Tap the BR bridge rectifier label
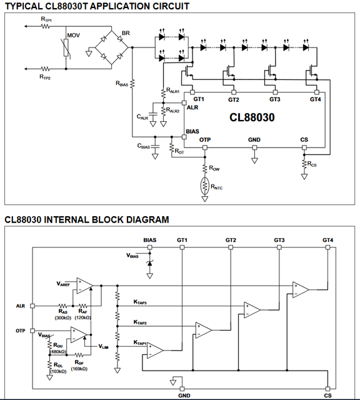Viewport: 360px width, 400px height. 126,33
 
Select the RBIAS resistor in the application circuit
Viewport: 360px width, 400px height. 132,83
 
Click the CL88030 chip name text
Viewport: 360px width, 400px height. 252,117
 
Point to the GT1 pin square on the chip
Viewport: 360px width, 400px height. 192,92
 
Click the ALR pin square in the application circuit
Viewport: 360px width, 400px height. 184,102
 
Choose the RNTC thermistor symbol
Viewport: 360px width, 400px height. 204,186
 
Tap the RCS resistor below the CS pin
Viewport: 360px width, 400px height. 304,164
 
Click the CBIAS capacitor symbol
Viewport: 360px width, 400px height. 155,146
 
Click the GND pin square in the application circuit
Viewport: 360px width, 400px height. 254,147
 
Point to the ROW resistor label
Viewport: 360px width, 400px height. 214,168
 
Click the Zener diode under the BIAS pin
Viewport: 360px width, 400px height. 150,263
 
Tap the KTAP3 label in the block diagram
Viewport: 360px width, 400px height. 140,302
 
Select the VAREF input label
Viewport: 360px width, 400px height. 63,284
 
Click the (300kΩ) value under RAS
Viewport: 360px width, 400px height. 62,318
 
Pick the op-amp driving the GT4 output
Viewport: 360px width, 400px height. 301,289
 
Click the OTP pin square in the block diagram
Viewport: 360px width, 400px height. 32,331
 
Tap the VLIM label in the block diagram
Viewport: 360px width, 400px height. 103,346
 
